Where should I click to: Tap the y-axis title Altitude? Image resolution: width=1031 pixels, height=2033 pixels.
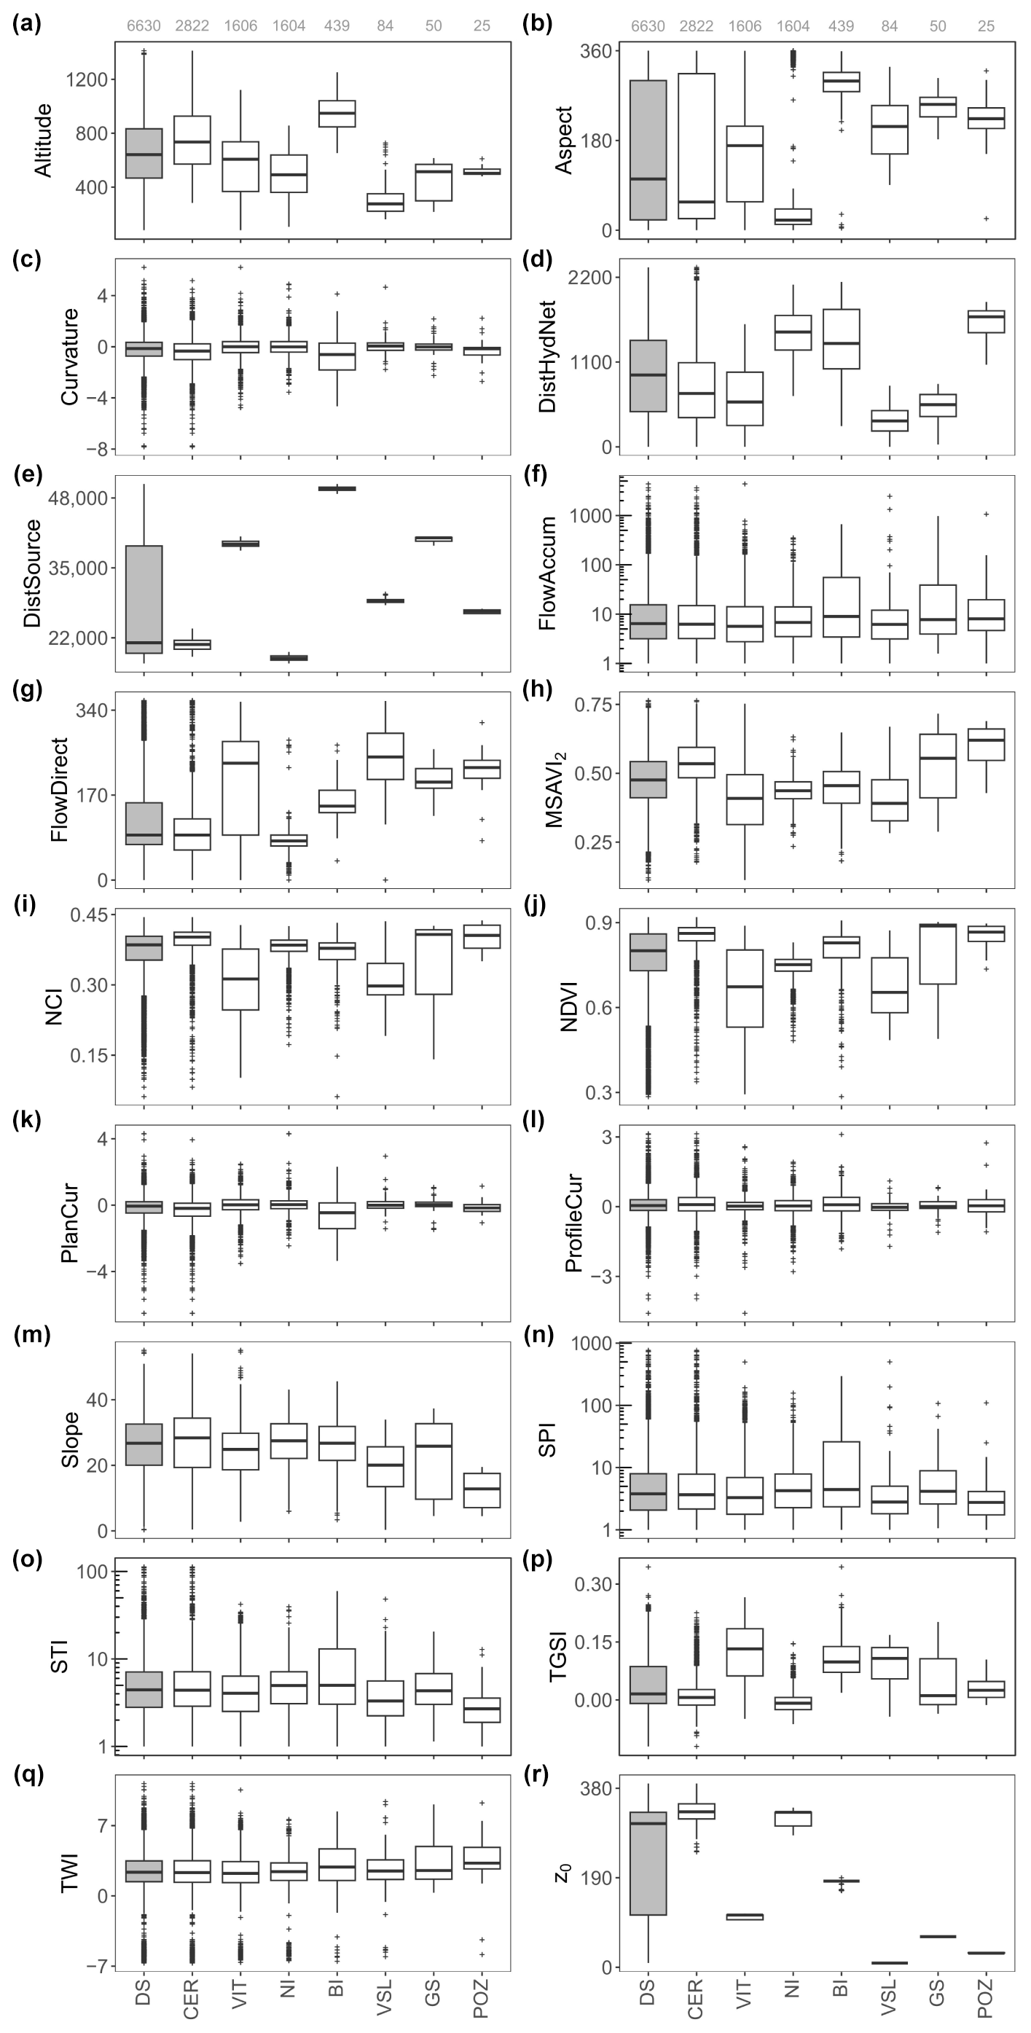[44, 140]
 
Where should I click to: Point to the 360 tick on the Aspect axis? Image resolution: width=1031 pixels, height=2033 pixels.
[606, 51]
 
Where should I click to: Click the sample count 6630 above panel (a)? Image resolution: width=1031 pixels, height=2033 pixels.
[144, 26]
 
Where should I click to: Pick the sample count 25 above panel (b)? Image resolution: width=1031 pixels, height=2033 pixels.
[986, 26]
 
